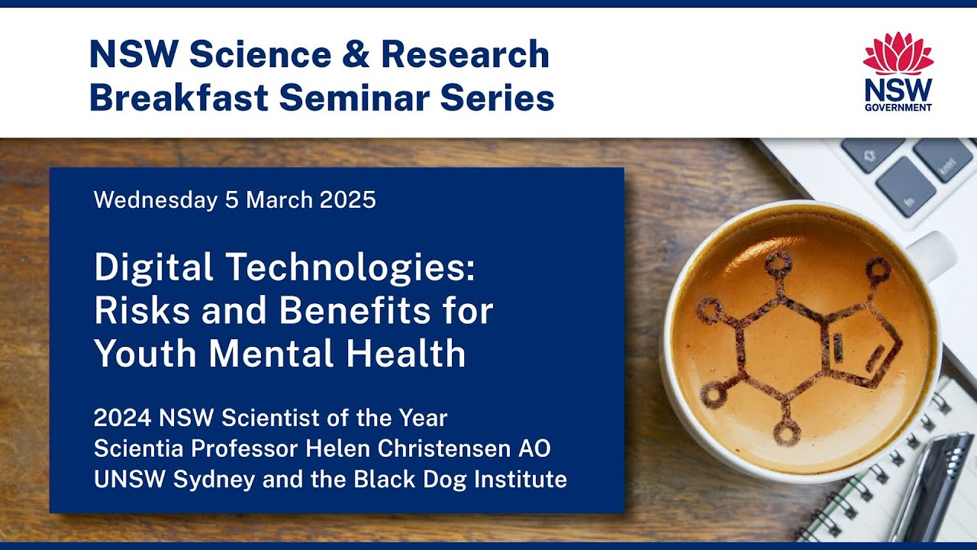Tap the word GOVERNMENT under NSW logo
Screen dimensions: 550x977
coord(898,108)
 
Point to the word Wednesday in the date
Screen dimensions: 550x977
coord(155,200)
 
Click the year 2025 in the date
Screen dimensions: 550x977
coord(347,200)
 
